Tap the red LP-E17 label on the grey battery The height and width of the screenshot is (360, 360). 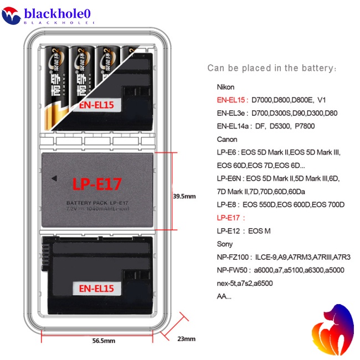coord(97,183)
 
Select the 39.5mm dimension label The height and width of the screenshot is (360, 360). coord(184,196)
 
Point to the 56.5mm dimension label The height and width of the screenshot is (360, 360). coord(103,341)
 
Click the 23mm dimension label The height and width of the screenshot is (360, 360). coord(186,338)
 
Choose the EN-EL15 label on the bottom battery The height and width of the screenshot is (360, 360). coord(96,288)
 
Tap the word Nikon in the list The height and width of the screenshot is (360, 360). coord(226,87)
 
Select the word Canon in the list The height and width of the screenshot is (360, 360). coord(227,139)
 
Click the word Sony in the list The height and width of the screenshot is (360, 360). coord(225,244)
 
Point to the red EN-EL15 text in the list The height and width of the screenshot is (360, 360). coord(232,100)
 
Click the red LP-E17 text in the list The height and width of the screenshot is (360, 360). coord(230,218)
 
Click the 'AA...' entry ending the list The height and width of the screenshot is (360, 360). coord(224,296)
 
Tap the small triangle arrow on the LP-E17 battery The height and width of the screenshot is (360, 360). coord(54,178)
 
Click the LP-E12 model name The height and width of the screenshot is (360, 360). coord(229,231)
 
